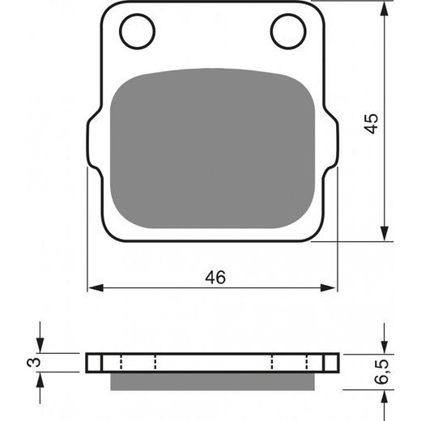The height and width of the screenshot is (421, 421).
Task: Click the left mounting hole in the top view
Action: click(x=137, y=32)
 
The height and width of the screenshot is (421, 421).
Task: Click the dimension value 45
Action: click(x=371, y=123)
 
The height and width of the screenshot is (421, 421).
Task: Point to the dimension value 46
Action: click(x=215, y=277)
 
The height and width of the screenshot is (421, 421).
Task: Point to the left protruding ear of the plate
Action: click(x=93, y=143)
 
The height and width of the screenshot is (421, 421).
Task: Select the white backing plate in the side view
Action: click(x=212, y=362)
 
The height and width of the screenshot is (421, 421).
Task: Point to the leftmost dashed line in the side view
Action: click(x=119, y=362)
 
